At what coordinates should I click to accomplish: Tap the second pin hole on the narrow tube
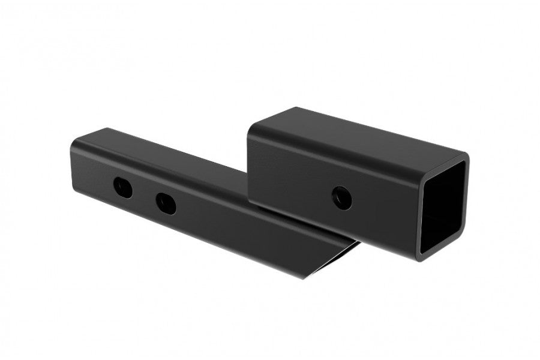point(166,203)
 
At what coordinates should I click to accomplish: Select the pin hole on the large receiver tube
point(341,196)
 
